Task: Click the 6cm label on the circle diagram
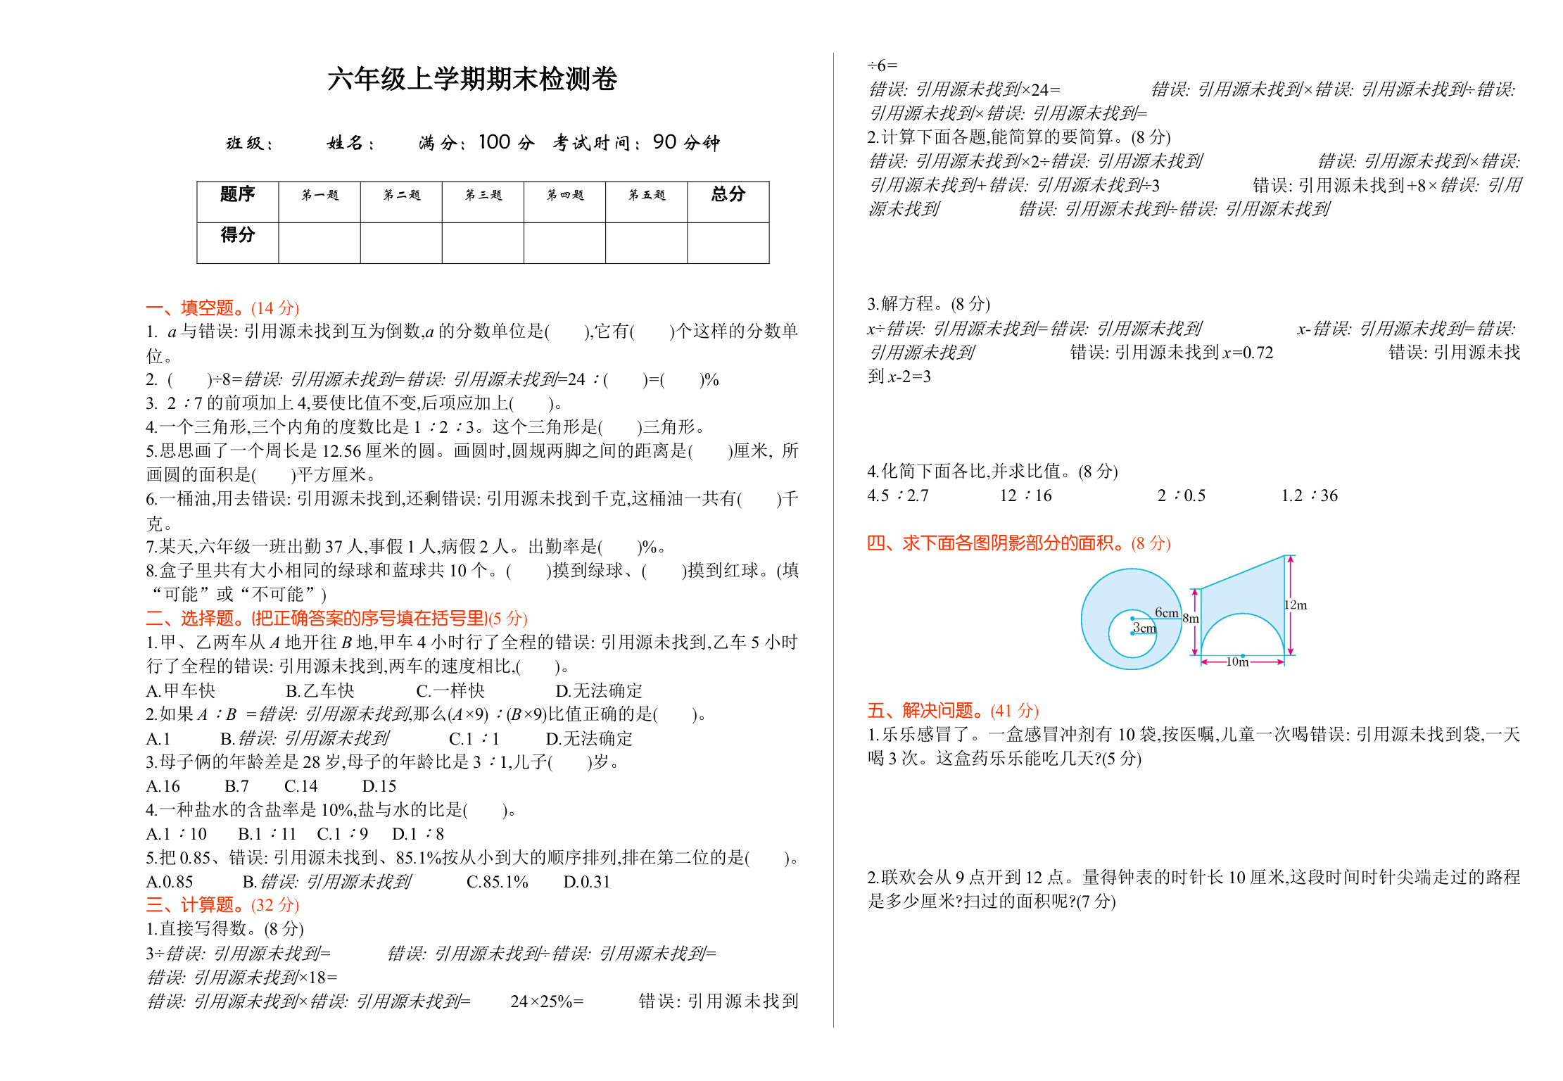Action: tap(1166, 613)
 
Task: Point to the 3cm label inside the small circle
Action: tap(1144, 628)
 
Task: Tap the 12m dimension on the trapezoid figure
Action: tap(1296, 605)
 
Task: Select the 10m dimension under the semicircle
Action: tap(1237, 662)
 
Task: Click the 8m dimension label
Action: tap(1190, 619)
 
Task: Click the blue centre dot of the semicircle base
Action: tap(1243, 656)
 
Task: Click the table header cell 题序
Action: tap(237, 195)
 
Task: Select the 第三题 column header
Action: tap(483, 195)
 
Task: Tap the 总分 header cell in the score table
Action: tap(728, 195)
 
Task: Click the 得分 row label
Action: tap(237, 235)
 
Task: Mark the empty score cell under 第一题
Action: tap(319, 243)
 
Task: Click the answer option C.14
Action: tap(300, 786)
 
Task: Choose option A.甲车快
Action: tap(181, 690)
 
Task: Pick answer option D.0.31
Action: tap(586, 882)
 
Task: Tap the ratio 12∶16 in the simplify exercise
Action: tap(1025, 496)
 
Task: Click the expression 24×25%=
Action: tap(547, 1001)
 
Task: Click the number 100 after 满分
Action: tap(494, 143)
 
